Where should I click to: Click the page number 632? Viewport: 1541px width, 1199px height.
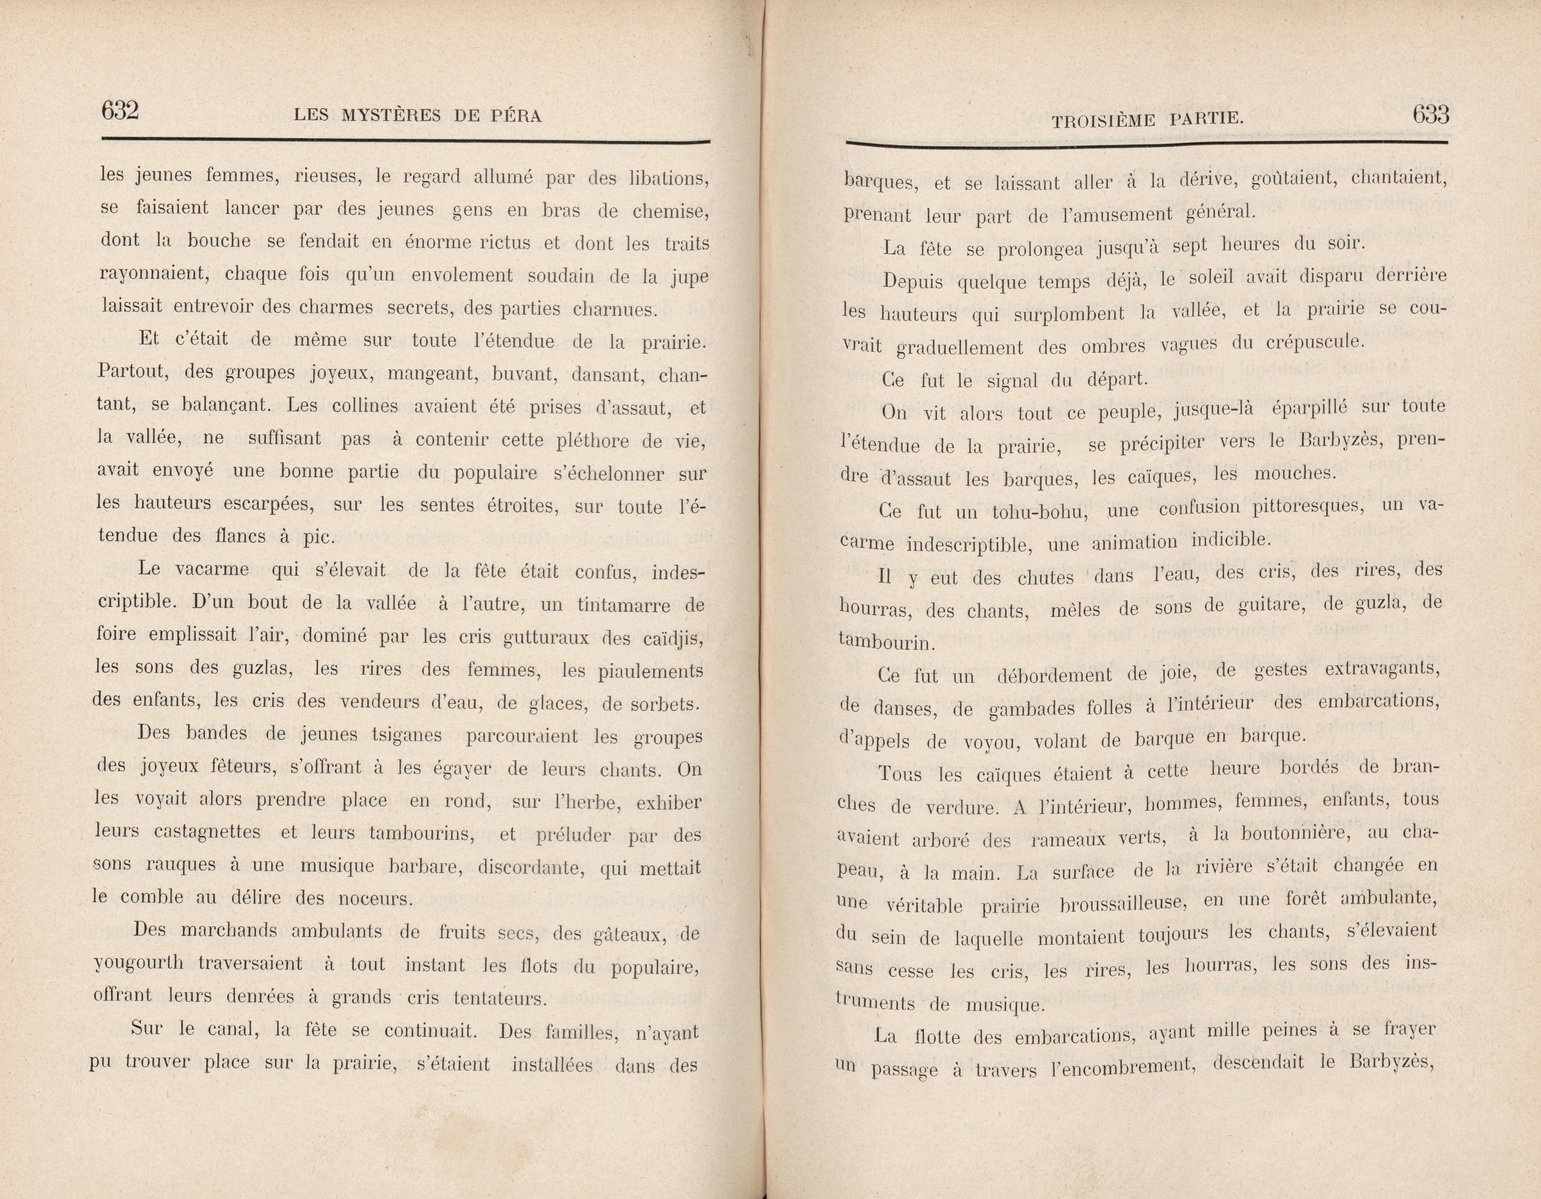pyautogui.click(x=120, y=111)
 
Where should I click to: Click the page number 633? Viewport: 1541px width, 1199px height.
pyautogui.click(x=1430, y=114)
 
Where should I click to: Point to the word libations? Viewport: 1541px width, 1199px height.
pyautogui.click(x=668, y=179)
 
